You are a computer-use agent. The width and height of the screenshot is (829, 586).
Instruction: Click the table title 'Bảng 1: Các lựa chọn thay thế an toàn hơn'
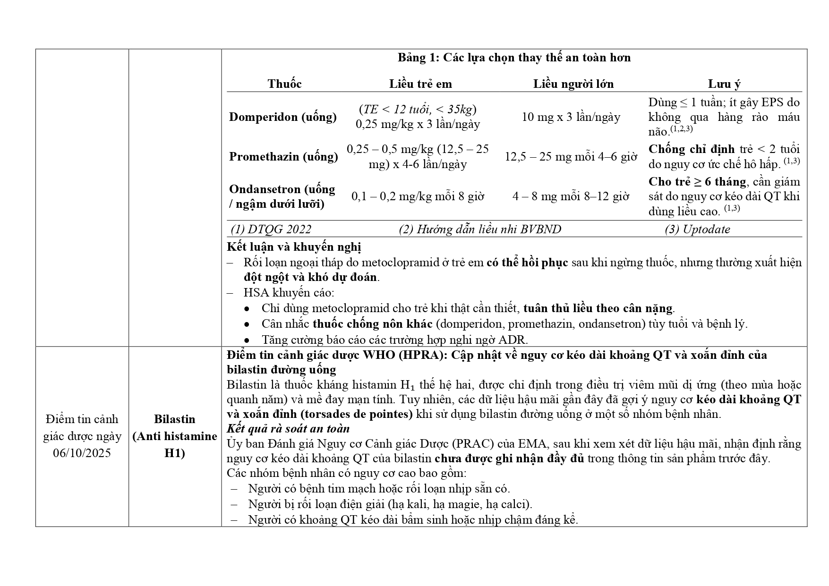pyautogui.click(x=514, y=58)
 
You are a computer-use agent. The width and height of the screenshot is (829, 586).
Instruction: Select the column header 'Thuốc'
pyautogui.click(x=284, y=84)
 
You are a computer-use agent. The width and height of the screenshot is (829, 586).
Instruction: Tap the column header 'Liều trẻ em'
pyautogui.click(x=420, y=84)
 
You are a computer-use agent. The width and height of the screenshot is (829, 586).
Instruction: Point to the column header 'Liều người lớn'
pyautogui.click(x=573, y=84)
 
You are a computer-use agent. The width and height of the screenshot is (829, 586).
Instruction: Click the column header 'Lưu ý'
pyautogui.click(x=724, y=84)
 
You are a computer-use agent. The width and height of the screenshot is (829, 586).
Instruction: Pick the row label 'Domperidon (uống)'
pyautogui.click(x=283, y=117)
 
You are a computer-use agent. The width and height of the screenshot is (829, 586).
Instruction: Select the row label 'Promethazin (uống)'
pyautogui.click(x=283, y=156)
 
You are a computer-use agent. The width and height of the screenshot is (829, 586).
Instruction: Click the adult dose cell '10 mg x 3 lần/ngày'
pyautogui.click(x=571, y=117)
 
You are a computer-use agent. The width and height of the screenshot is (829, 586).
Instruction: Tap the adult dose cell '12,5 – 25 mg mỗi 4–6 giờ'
pyautogui.click(x=571, y=156)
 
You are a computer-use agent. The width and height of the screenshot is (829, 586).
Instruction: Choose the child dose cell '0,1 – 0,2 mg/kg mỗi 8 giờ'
pyautogui.click(x=418, y=196)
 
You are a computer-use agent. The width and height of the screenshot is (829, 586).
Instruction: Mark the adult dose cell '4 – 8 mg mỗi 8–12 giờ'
pyautogui.click(x=571, y=196)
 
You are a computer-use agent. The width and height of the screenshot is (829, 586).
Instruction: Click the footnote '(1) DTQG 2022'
pyautogui.click(x=271, y=229)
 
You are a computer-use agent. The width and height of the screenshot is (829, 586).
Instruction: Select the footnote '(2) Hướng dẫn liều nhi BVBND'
pyautogui.click(x=480, y=229)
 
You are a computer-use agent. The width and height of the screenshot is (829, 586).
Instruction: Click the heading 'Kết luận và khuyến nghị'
pyautogui.click(x=294, y=247)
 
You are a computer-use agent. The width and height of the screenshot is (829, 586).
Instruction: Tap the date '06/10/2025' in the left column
pyautogui.click(x=82, y=453)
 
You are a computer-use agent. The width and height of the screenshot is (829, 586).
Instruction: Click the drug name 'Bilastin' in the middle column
pyautogui.click(x=175, y=419)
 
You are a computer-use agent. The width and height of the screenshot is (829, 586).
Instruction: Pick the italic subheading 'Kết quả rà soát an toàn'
pyautogui.click(x=288, y=429)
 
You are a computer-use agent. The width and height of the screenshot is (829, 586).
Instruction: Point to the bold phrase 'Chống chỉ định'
pyautogui.click(x=691, y=149)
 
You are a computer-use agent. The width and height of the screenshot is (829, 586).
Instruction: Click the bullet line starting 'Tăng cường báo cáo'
pyautogui.click(x=395, y=340)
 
